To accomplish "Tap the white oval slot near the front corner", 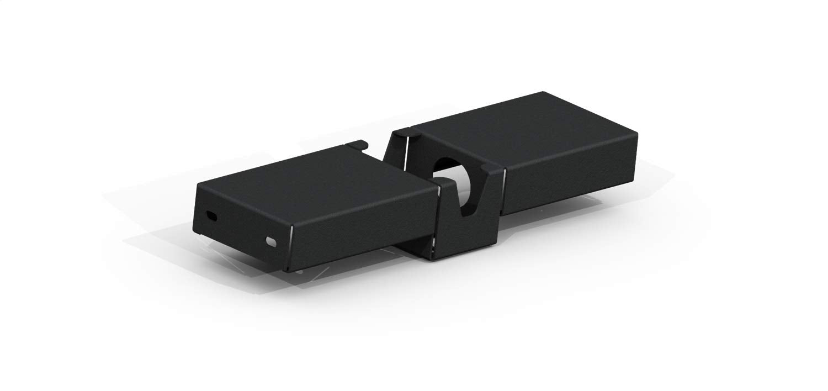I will click(271, 241).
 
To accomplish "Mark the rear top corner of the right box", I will click(544, 93).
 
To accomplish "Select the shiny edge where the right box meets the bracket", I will click(502, 191).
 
